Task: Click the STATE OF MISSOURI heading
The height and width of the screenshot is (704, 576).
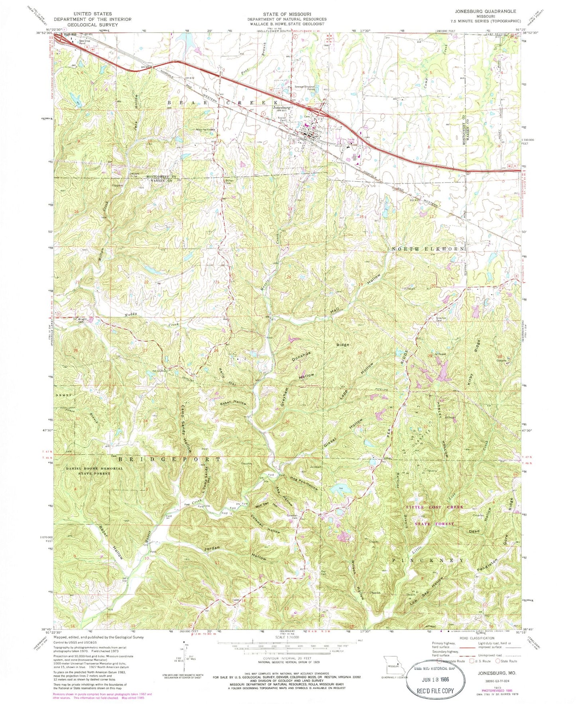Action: tap(286, 14)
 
